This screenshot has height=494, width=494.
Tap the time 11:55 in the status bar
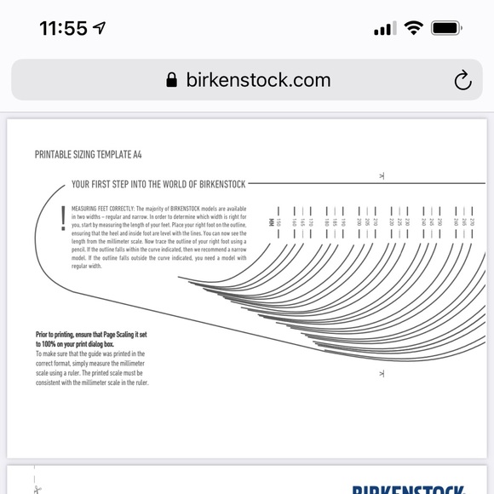pos(63,28)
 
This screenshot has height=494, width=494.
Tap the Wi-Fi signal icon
pos(414,28)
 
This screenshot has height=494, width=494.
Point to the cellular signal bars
pos(385,29)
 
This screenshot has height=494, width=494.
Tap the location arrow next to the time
pos(100,28)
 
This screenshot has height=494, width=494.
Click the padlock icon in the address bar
pos(172,80)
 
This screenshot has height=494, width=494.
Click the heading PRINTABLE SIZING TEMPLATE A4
pos(88,155)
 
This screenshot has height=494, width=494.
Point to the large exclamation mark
pos(62,219)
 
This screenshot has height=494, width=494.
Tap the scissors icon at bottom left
pos(37,489)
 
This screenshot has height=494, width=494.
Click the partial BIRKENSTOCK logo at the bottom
pos(409,489)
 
